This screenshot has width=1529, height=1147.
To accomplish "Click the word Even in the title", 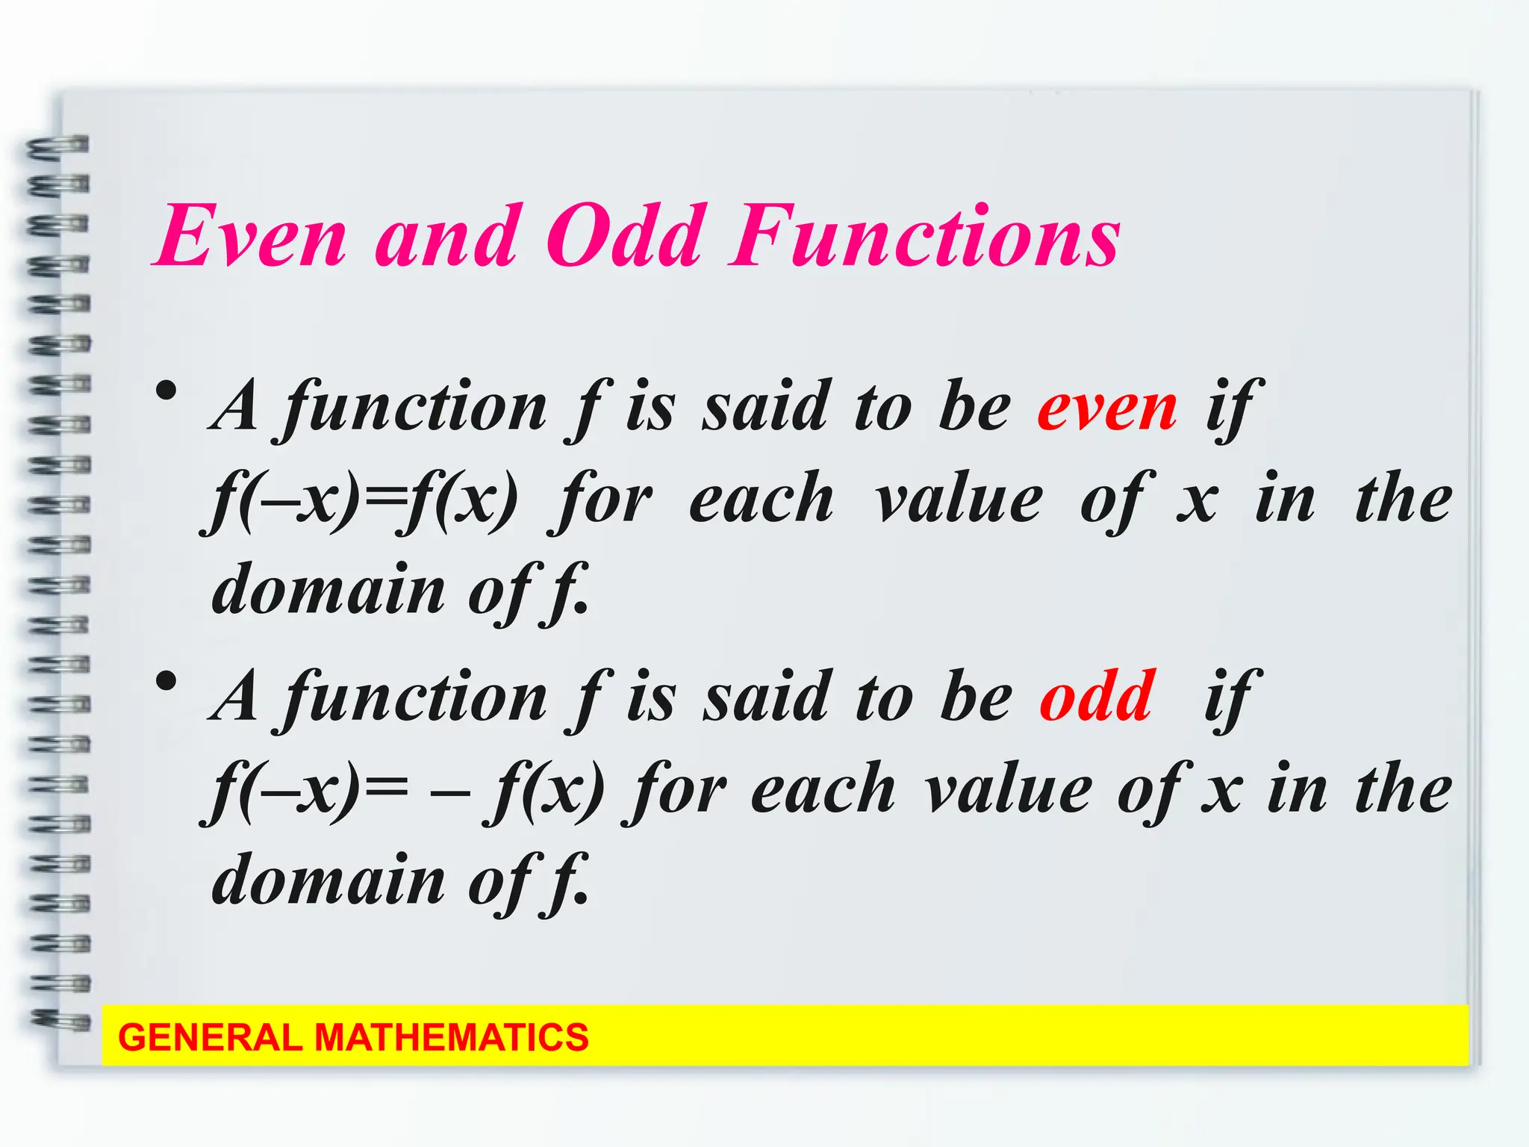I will point(250,237).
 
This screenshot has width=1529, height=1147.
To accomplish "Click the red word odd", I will point(1097,696).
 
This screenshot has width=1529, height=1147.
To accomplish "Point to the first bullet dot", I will point(166,391).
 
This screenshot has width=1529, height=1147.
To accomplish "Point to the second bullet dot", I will point(166,681).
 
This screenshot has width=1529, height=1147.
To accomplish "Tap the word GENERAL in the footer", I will point(209,1038).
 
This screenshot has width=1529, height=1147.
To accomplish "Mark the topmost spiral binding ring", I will point(58,146).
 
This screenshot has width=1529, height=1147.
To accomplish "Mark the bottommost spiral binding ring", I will point(60,1019).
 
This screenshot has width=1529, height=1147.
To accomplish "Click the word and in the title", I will point(446,237).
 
